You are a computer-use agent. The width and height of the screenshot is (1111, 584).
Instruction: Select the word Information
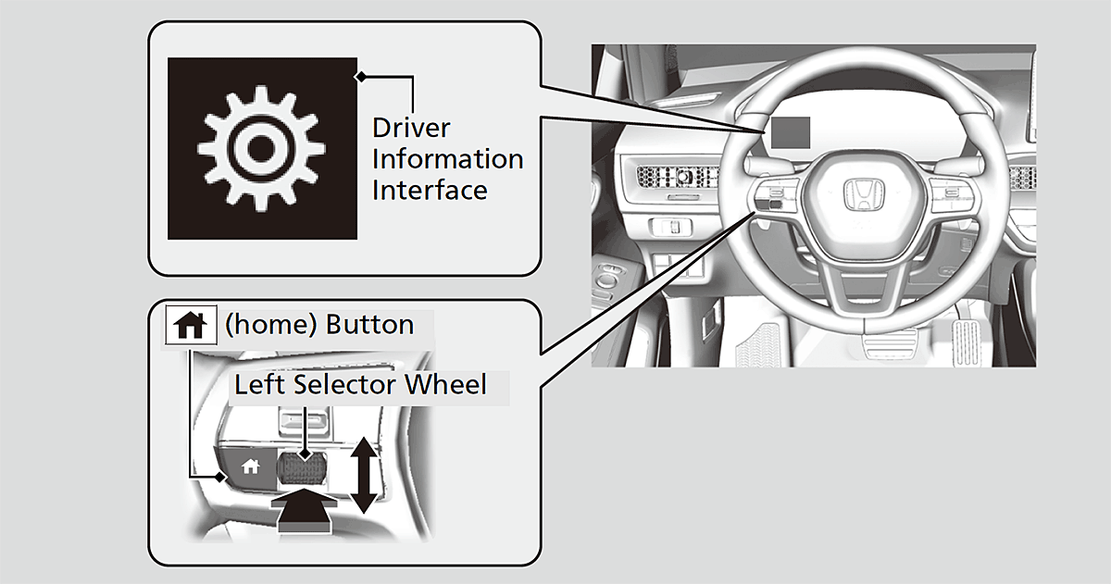(447, 158)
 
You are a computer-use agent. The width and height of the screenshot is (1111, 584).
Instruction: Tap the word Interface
(430, 190)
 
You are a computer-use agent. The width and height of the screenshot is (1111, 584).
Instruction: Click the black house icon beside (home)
(190, 325)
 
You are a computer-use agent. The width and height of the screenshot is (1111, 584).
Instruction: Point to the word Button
(369, 325)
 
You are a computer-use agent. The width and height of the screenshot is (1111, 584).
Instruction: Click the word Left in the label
(257, 384)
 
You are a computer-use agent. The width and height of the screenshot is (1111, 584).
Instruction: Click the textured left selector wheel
(302, 469)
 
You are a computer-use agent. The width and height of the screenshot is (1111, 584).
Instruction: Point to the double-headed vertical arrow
(364, 475)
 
